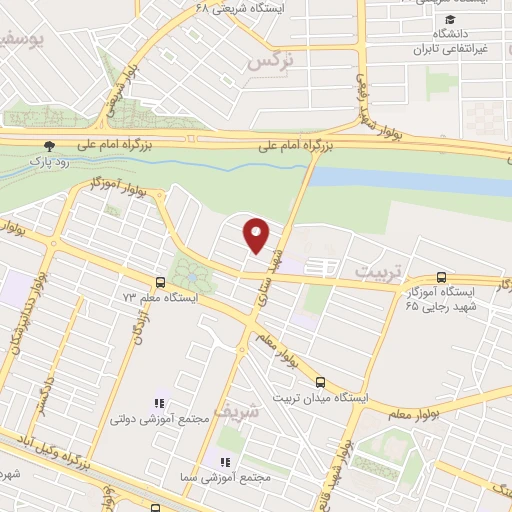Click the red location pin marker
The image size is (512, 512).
click(257, 234)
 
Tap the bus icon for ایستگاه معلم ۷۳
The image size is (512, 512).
click(161, 282)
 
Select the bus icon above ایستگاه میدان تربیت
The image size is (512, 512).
click(320, 381)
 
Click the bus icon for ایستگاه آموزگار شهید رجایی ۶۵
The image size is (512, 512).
click(441, 277)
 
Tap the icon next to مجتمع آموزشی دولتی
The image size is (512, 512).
click(160, 403)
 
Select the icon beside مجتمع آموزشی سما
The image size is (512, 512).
click(225, 462)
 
